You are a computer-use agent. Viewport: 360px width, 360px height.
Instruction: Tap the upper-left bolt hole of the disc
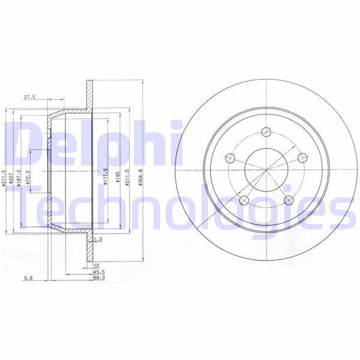(229, 158)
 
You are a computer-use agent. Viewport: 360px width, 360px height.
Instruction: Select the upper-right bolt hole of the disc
(302, 157)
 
